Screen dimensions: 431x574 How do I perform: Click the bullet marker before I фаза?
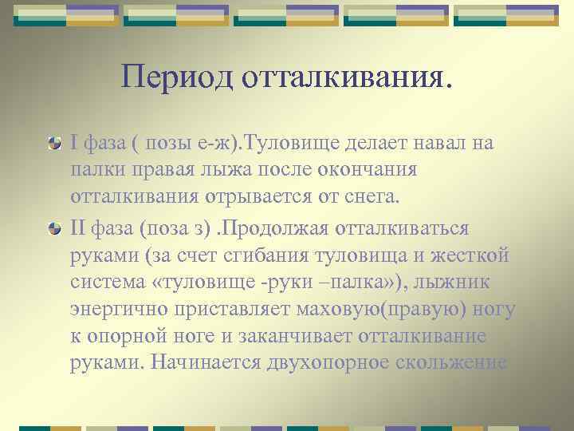(54, 144)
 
